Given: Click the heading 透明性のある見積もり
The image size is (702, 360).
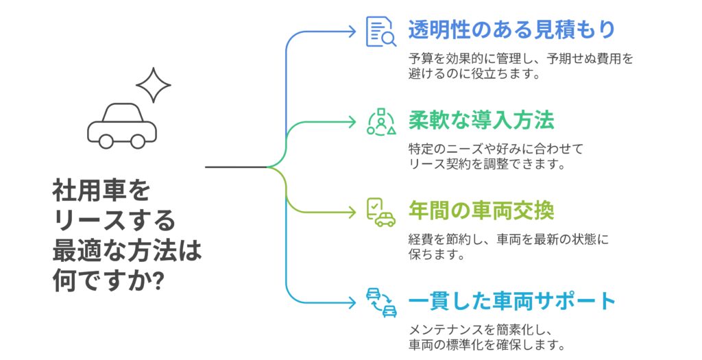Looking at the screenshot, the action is (511, 29).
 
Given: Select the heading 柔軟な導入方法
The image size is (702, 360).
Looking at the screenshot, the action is (481, 120).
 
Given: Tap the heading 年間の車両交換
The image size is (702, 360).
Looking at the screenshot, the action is (481, 211).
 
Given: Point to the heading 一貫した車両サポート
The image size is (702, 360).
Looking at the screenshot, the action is (511, 301).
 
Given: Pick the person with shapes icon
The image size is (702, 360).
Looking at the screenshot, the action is (381, 122).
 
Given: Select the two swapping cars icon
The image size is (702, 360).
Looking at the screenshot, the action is (381, 302).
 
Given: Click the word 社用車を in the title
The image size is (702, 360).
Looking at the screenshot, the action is (101, 191).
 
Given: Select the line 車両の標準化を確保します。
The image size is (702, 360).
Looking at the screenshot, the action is (485, 345).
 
